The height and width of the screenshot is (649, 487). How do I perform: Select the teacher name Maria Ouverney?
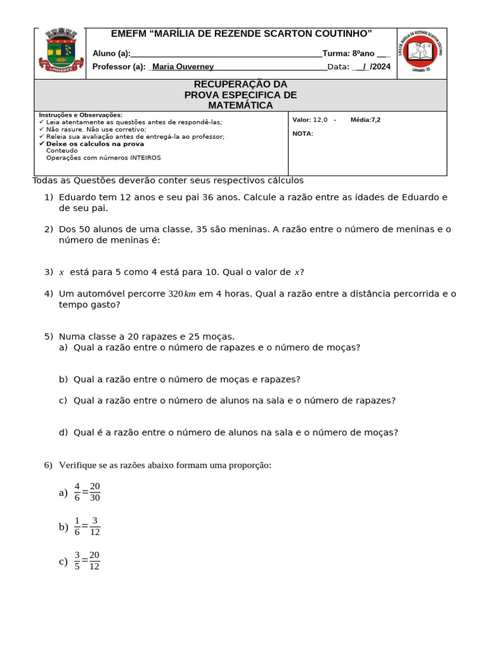pos(183,67)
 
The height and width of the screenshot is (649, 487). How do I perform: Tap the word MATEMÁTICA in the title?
pos(240,105)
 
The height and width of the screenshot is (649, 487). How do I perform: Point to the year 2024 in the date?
pos(382,67)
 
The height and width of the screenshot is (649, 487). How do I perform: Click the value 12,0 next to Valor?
pos(320,120)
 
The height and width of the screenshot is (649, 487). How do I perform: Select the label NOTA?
pos(302,134)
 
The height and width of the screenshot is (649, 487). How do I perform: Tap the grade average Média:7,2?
pos(365,120)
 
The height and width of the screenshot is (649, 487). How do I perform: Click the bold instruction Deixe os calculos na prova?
pos(95,144)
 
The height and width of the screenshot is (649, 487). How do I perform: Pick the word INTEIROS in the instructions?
pos(146,158)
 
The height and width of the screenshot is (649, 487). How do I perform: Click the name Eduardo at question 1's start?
pos(77,197)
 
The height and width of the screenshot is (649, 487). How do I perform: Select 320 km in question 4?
pos(182,293)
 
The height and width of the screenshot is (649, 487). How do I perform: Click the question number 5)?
pos(49,336)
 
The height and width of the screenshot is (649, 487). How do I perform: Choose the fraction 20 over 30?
pos(95,492)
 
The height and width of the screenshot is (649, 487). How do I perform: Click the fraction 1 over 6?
pos(77,526)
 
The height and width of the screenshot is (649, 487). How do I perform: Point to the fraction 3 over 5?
pos(77,560)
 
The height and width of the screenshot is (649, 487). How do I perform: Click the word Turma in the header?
pos(335,53)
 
